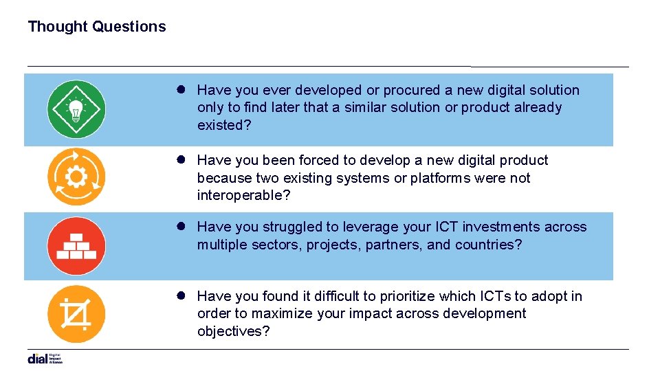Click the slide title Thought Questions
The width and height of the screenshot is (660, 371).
pos(97,27)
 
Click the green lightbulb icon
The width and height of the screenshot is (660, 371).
pos(76,109)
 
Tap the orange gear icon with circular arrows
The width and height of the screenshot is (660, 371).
pos(76,177)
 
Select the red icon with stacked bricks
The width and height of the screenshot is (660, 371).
pos(76,245)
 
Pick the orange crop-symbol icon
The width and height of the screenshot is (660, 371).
pos(76,314)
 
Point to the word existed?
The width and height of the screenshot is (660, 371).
pos(223,125)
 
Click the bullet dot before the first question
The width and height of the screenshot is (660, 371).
pos(182,89)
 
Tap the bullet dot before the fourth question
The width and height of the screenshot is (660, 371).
pos(182,295)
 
